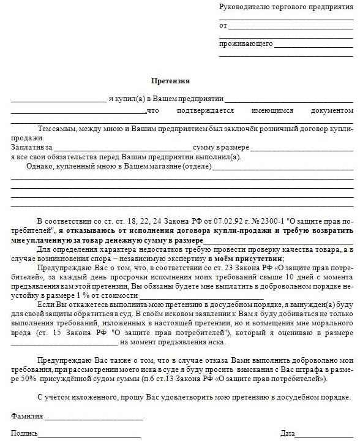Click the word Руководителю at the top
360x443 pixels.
pyautogui.click(x=241, y=7)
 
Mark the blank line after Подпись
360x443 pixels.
pyautogui.click(x=89, y=436)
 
